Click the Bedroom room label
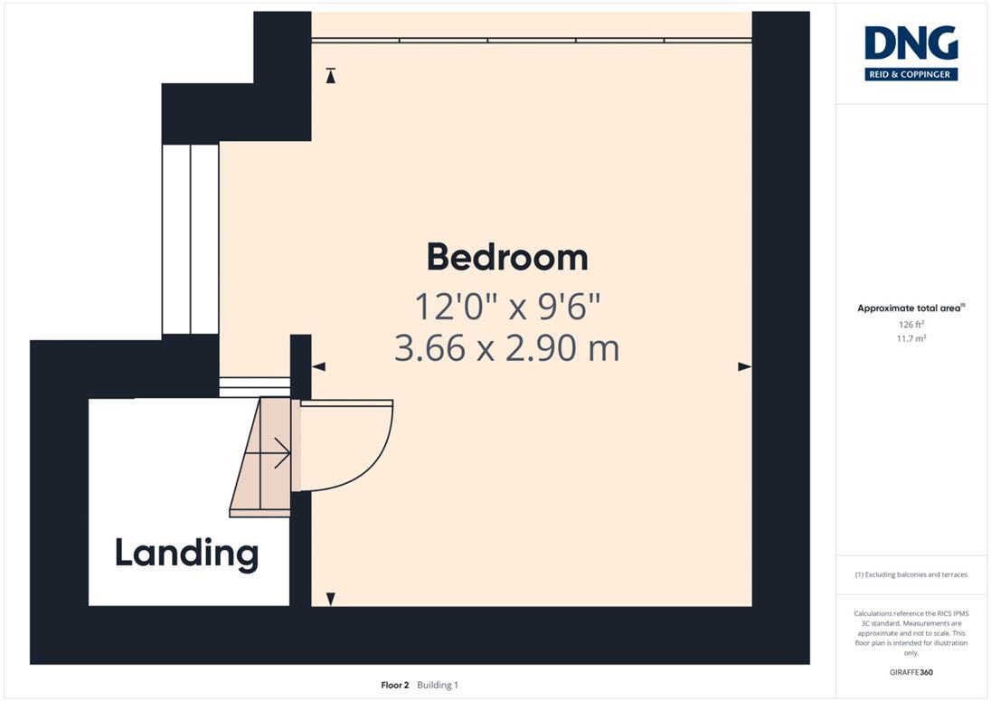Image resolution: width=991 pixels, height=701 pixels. pyautogui.click(x=507, y=257)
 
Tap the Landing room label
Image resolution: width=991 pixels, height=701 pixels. pyautogui.click(x=186, y=554)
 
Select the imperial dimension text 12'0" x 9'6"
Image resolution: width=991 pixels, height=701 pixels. pyautogui.click(x=507, y=307)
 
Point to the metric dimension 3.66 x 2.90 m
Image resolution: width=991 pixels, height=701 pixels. pyautogui.click(x=507, y=348)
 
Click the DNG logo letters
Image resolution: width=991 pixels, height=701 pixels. pyautogui.click(x=911, y=43)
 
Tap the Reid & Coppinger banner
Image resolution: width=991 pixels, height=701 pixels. pyautogui.click(x=911, y=74)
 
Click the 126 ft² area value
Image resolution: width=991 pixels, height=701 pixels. pyautogui.click(x=911, y=324)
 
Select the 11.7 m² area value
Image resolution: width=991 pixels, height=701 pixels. pyautogui.click(x=911, y=338)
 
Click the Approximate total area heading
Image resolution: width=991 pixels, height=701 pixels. pyautogui.click(x=911, y=308)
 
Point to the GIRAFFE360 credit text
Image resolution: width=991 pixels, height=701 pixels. pyautogui.click(x=911, y=673)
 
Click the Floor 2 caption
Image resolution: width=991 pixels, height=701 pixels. pyautogui.click(x=395, y=686)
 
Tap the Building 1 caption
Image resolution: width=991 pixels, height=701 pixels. pyautogui.click(x=438, y=686)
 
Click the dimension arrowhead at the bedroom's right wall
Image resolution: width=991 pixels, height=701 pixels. pyautogui.click(x=744, y=366)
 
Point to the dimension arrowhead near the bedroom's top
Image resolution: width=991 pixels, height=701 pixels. pyautogui.click(x=331, y=76)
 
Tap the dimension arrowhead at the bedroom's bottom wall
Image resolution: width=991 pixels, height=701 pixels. pyautogui.click(x=331, y=599)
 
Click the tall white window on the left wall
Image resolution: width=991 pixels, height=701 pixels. pyautogui.click(x=190, y=240)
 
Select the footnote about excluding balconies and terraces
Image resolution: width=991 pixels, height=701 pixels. pyautogui.click(x=911, y=574)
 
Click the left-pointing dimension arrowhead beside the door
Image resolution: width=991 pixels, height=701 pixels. pyautogui.click(x=318, y=366)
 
